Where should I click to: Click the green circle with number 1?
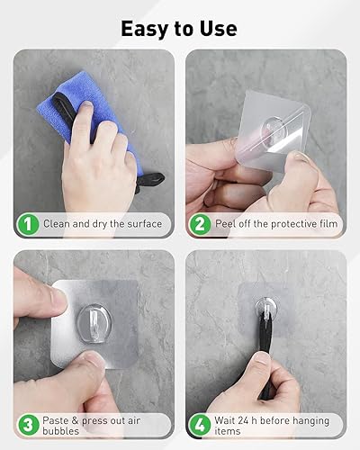click(28, 224)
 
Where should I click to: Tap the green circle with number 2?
click(200, 224)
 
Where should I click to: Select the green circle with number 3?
click(28, 426)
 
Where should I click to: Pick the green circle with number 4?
click(200, 426)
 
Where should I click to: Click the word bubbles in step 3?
click(60, 431)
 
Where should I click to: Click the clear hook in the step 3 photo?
click(94, 322)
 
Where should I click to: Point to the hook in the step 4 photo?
click(265, 308)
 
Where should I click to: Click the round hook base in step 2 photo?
click(272, 131)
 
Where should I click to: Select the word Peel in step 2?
click(225, 224)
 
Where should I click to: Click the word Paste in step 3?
click(56, 420)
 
